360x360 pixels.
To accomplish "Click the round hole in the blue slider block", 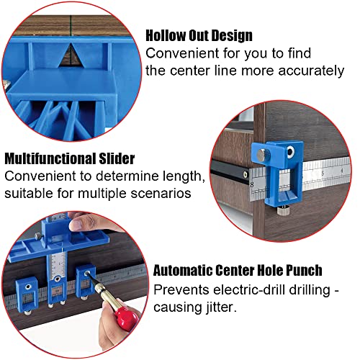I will point(292,153).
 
